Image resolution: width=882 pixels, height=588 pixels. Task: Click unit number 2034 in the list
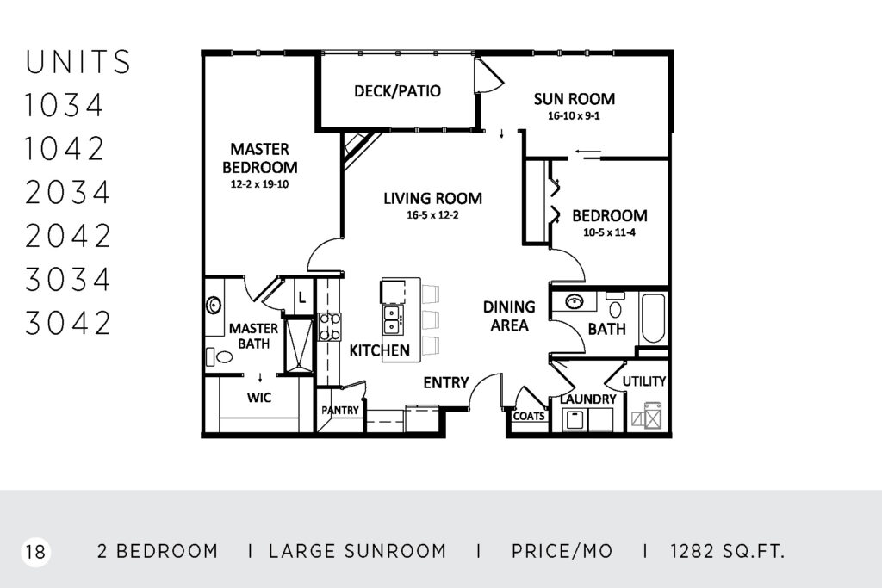(67, 192)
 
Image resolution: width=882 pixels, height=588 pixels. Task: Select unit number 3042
(67, 323)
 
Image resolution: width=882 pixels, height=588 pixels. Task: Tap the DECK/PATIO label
(397, 91)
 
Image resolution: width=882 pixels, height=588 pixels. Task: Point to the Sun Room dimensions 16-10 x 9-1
(574, 116)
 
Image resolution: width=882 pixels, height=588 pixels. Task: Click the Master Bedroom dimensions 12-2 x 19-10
(259, 184)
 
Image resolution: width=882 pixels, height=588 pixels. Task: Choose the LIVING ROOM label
(432, 198)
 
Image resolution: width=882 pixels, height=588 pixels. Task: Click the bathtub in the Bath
(653, 319)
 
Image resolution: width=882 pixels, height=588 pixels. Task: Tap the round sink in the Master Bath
(214, 306)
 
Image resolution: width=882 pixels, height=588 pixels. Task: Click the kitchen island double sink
(392, 320)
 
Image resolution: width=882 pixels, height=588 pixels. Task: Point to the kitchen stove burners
(330, 327)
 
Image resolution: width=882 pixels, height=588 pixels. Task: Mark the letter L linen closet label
(302, 297)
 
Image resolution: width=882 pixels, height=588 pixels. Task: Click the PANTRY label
(339, 411)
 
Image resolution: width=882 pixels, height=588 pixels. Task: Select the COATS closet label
(529, 416)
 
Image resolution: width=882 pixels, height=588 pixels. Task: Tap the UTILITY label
(644, 381)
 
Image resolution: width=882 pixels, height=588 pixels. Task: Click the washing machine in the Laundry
(575, 420)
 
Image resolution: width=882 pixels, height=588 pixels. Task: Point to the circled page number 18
(35, 552)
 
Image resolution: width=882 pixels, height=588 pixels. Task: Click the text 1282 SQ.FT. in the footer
(727, 551)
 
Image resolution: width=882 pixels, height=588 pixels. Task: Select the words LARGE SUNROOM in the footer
(357, 551)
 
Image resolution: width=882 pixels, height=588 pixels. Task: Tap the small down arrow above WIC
(260, 376)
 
